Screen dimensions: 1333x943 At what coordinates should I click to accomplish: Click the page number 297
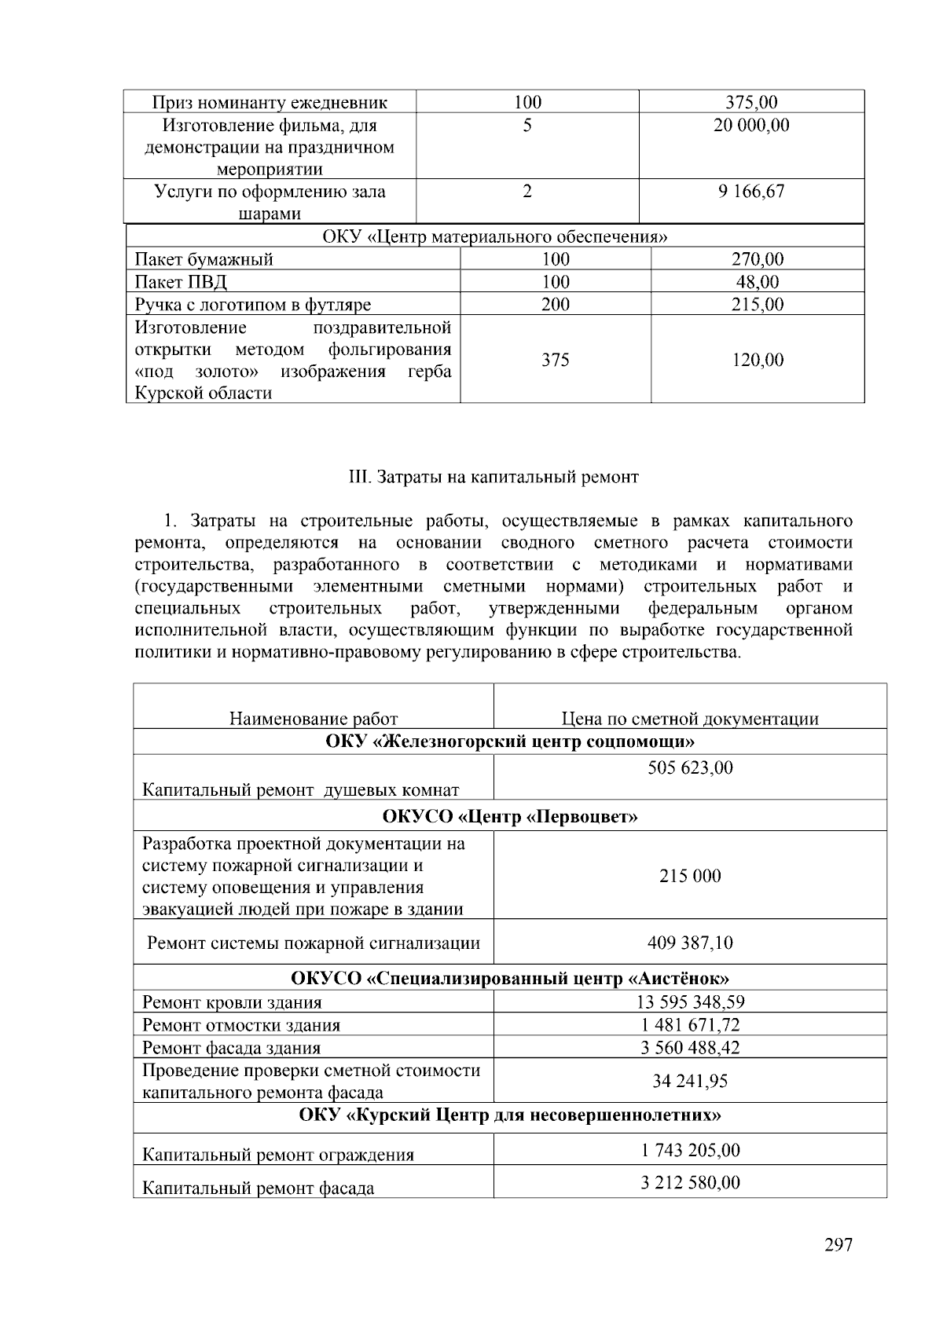click(838, 1245)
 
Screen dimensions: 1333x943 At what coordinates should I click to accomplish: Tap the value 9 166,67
click(750, 192)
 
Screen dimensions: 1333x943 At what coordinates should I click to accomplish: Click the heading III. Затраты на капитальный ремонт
click(494, 477)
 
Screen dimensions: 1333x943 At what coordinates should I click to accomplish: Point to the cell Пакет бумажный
click(204, 260)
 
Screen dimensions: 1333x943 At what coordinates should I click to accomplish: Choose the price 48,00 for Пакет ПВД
click(758, 282)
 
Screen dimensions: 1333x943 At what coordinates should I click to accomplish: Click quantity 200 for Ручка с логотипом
click(555, 305)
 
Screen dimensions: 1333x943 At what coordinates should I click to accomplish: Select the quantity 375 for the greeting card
click(555, 360)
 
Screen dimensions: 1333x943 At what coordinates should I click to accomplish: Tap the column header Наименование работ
click(314, 719)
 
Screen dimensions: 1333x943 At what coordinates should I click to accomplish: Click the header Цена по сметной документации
click(689, 719)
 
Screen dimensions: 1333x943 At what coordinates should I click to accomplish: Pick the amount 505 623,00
click(689, 767)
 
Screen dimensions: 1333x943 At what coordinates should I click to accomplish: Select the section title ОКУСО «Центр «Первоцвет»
click(509, 816)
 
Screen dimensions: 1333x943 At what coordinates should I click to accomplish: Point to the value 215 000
click(689, 876)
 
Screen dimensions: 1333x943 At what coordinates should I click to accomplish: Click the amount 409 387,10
click(689, 943)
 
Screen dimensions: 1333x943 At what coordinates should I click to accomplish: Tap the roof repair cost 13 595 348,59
click(689, 1002)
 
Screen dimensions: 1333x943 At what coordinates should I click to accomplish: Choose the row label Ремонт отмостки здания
click(241, 1025)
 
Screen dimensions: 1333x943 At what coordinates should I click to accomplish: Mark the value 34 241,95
click(689, 1081)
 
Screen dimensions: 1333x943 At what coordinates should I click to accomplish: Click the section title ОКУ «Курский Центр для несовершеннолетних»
click(509, 1115)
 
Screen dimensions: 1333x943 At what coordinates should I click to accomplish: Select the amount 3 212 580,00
click(689, 1182)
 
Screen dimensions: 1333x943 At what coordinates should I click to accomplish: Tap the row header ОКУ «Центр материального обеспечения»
click(495, 236)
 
